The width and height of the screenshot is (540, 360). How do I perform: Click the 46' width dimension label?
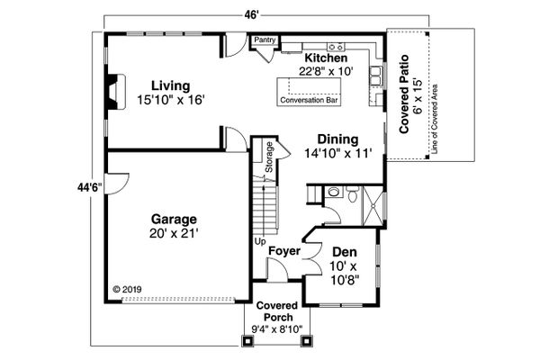(252, 14)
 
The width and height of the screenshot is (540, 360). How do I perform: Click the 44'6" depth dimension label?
(90, 187)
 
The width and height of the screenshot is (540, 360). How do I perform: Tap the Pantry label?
(265, 40)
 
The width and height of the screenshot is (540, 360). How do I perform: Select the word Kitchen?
(326, 58)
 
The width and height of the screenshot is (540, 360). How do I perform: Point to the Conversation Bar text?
(309, 100)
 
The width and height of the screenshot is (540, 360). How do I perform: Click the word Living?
(171, 85)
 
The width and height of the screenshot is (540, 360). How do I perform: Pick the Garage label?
(174, 219)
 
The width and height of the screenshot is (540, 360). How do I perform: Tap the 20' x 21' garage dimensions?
(174, 234)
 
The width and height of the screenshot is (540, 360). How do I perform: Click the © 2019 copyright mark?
(127, 290)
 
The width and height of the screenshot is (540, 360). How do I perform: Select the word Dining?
(337, 139)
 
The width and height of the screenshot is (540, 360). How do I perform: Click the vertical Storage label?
(269, 157)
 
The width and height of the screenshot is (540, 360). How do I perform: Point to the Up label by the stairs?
(260, 241)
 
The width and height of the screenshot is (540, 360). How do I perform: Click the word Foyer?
(284, 251)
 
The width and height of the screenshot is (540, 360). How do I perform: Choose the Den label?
(345, 252)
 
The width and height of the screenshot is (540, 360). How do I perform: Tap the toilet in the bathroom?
(352, 194)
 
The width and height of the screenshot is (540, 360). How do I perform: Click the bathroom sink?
(333, 192)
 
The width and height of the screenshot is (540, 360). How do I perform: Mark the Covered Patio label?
(404, 94)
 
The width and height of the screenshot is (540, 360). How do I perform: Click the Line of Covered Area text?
(435, 119)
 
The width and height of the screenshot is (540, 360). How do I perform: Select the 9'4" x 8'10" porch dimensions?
(277, 329)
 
